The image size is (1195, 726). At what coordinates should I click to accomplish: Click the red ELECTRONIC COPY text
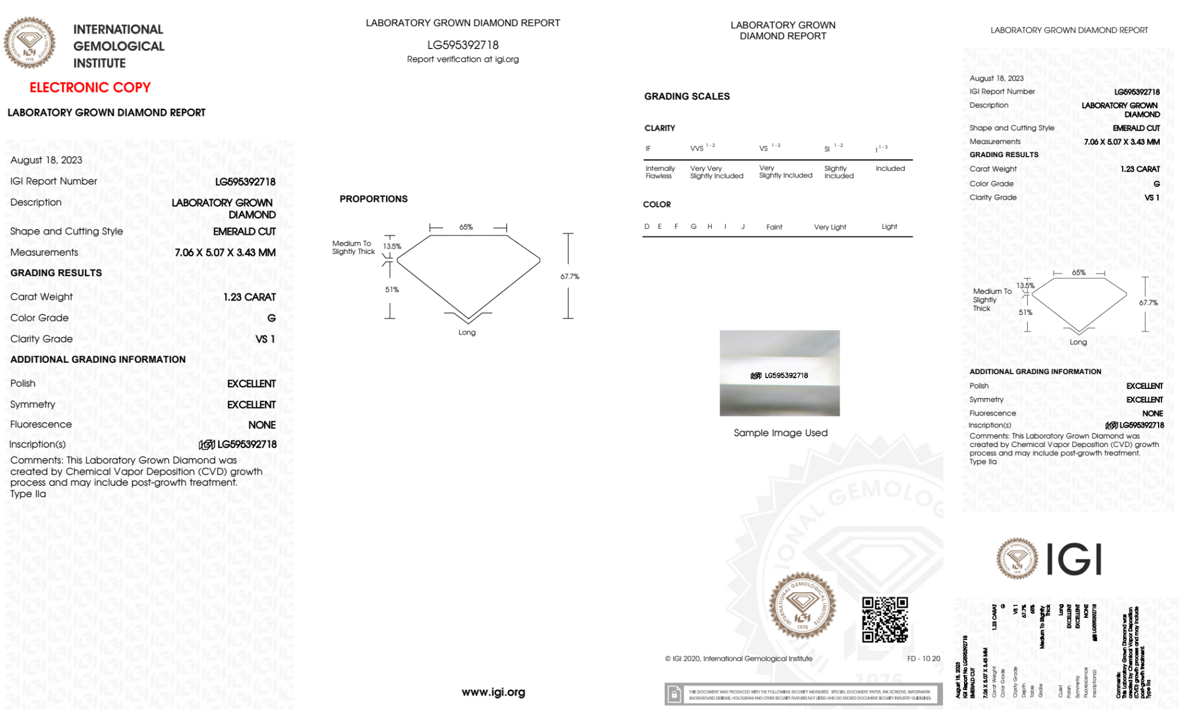(90, 87)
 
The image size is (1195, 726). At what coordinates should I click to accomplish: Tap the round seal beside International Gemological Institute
(30, 42)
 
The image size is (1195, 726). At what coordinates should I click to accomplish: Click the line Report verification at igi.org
(463, 59)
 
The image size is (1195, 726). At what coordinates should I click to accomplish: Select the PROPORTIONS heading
(373, 199)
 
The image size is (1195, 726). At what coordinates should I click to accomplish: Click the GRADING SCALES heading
(687, 96)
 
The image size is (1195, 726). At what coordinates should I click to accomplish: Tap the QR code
(884, 620)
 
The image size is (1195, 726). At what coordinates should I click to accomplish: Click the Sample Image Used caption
(781, 433)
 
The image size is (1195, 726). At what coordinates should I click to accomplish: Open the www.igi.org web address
(493, 692)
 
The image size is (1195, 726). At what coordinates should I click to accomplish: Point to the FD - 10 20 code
(923, 658)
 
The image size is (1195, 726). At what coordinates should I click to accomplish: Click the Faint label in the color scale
(774, 227)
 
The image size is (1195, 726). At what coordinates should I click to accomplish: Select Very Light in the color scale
(830, 227)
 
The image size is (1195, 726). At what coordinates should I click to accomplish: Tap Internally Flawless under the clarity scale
(660, 172)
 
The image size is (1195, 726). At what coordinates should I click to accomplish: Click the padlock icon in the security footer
(674, 694)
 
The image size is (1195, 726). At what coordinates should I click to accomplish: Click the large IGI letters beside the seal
(1074, 560)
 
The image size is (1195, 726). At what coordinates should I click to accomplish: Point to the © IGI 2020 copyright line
(739, 658)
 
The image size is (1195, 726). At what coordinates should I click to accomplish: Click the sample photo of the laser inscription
(779, 373)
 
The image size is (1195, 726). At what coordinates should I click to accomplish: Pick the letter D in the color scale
(647, 226)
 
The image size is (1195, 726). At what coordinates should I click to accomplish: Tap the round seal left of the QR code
(802, 606)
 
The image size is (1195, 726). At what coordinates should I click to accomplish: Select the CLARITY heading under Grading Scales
(660, 128)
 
